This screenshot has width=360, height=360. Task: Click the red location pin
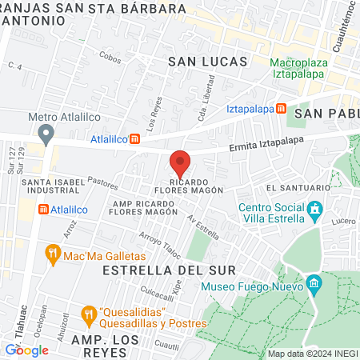180,163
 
